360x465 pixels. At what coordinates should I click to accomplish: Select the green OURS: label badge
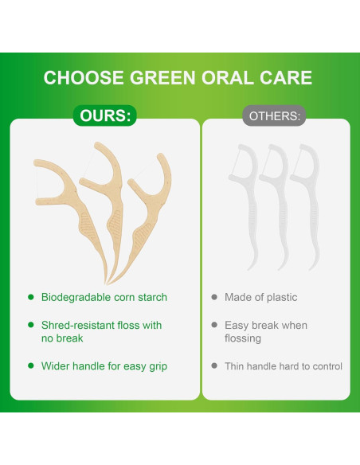coord(104,116)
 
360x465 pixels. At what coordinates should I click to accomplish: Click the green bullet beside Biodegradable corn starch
coord(30,297)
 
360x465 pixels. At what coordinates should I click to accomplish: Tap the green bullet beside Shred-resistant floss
coord(30,325)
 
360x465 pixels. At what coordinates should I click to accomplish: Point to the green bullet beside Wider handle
coord(30,366)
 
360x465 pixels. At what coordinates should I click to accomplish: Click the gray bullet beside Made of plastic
coord(214,297)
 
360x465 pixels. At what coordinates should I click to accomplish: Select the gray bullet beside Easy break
coord(214,325)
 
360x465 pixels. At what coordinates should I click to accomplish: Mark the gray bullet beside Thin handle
coord(214,366)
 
